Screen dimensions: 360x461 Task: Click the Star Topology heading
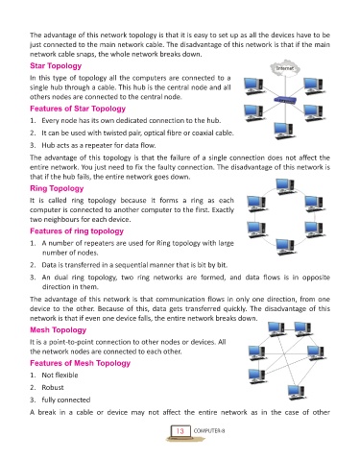(56, 66)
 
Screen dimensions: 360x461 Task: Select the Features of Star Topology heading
(78, 109)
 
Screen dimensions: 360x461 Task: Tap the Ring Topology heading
(57, 188)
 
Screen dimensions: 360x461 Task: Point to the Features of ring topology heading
(77, 231)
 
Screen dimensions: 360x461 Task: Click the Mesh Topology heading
(59, 330)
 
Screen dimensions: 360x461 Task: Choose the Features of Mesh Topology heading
(81, 363)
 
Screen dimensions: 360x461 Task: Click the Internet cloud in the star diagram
(284, 68)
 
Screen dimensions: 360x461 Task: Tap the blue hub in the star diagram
(284, 100)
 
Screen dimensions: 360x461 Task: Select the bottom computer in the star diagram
(284, 131)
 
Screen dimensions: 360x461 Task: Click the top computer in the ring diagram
(285, 186)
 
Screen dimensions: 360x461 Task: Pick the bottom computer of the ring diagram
(284, 247)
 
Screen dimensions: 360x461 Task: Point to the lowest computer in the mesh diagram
(296, 393)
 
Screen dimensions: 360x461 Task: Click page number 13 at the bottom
(180, 431)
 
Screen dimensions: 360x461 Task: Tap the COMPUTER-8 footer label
(209, 431)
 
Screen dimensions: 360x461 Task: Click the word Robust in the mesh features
(53, 388)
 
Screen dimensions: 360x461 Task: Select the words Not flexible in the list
(60, 376)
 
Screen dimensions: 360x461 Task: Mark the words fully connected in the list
(66, 400)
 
